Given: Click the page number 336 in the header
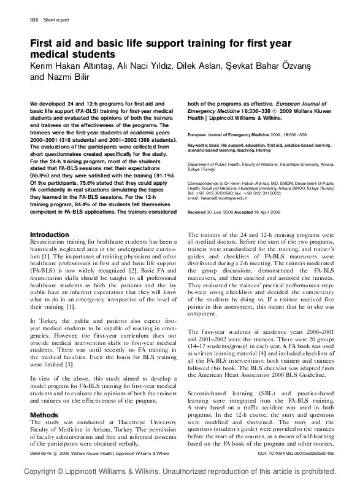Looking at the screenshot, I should point(34,20).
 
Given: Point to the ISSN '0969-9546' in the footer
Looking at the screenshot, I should point(41,453).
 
